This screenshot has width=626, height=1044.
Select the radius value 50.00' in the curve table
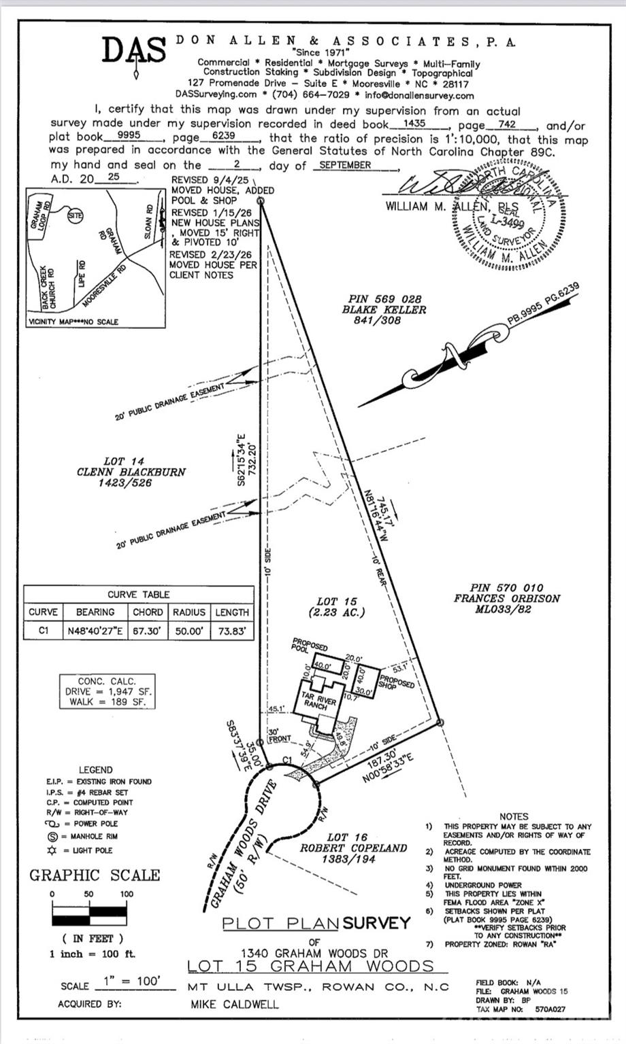188,630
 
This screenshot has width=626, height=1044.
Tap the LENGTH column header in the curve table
231,612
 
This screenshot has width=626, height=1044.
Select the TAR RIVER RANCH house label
316,701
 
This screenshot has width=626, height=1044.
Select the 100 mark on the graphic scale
127,894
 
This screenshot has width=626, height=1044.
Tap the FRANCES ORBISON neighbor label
507,599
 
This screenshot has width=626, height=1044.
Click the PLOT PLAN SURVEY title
316,923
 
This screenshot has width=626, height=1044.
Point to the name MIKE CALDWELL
234,1004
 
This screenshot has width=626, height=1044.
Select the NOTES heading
513,816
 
